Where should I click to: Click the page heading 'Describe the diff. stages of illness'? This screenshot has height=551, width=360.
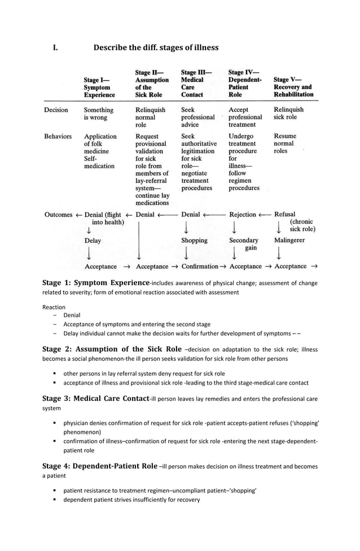[x=156, y=47]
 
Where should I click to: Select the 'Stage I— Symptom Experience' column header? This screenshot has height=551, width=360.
[x=99, y=88]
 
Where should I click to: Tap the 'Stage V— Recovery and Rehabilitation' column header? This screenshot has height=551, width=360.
[x=293, y=88]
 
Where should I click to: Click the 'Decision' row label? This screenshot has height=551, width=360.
[x=56, y=110]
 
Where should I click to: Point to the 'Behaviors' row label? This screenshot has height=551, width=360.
[x=58, y=137]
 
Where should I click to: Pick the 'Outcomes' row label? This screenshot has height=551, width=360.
[x=58, y=215]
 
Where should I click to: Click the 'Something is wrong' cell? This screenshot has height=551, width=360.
[x=99, y=113]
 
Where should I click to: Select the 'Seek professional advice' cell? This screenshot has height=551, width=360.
[x=197, y=117]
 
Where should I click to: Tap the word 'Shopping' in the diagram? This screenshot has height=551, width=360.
[x=194, y=240]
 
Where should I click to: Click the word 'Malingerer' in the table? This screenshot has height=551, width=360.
[x=289, y=240]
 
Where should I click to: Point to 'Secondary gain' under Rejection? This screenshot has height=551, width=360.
[x=244, y=244]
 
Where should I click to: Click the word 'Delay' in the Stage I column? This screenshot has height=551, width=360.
[x=93, y=240]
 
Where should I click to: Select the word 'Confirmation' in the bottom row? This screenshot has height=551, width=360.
[x=200, y=266]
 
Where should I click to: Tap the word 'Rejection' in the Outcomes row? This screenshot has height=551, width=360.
[x=243, y=215]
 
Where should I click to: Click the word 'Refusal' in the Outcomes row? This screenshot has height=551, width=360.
[x=284, y=215]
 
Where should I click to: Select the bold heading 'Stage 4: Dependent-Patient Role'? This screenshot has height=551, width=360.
[x=100, y=466]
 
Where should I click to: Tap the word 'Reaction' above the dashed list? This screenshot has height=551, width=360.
[x=54, y=307]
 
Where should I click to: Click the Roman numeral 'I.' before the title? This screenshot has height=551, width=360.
[x=55, y=47]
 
